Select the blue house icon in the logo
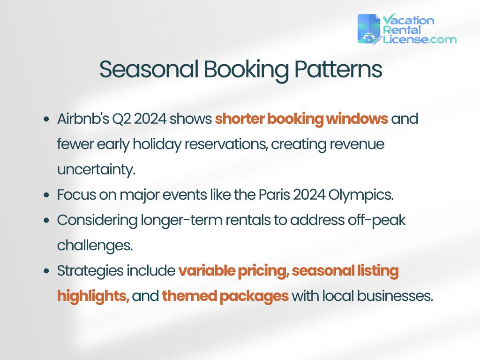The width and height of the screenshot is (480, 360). pos(369,29)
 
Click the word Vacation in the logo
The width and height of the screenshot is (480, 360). pos(408,20)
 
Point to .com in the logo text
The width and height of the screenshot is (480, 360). pos(443,39)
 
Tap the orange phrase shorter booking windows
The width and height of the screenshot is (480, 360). pos(301,119)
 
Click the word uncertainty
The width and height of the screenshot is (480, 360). pos(96,169)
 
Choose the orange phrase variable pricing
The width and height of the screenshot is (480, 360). pos(233,270)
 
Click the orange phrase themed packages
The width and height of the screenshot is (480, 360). pos(225,296)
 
